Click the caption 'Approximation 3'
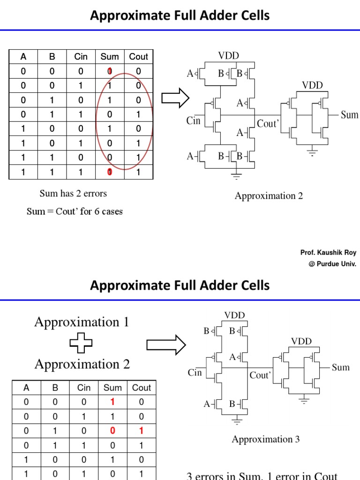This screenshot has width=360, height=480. point(265,439)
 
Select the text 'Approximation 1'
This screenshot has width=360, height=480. point(82,322)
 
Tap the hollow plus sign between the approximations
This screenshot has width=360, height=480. point(81,344)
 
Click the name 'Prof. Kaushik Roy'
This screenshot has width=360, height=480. point(328,253)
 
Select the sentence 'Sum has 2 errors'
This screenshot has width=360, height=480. point(73,194)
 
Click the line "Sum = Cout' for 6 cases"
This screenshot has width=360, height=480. point(75,211)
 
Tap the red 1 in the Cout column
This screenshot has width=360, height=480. point(141,431)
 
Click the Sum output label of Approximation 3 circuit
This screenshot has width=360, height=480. point(341,367)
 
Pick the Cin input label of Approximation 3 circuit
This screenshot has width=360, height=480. point(195,373)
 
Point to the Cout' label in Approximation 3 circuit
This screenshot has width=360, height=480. point(260,375)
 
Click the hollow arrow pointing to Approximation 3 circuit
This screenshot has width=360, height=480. point(166,345)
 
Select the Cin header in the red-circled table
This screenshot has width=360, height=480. point(81,57)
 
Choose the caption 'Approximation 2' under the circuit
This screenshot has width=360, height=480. point(269,196)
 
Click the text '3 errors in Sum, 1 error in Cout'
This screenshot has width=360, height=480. point(262,476)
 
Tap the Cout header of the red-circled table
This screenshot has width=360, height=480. point(138,57)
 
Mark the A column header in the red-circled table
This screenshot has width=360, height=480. point(23,57)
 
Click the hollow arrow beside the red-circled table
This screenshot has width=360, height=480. point(175,98)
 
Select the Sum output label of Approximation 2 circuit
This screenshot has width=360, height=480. point(349,115)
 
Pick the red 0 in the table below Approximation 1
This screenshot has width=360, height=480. point(112,431)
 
